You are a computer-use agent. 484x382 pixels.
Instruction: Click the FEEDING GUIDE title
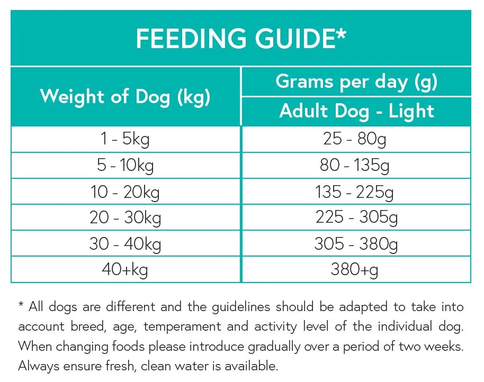click(x=241, y=39)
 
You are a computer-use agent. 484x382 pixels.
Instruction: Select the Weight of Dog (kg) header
click(x=125, y=96)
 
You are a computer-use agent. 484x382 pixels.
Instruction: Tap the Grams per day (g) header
click(x=356, y=81)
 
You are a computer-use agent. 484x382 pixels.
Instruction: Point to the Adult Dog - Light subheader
click(x=356, y=111)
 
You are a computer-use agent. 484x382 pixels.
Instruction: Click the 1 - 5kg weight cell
click(x=125, y=139)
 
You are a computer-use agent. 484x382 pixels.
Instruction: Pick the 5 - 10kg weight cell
click(x=125, y=166)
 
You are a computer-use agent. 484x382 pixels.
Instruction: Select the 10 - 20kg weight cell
click(x=125, y=192)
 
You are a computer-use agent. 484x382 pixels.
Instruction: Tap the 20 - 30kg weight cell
click(x=125, y=217)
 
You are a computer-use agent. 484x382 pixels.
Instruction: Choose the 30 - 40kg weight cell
click(x=125, y=243)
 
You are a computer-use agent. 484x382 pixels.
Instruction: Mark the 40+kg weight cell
click(x=125, y=270)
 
